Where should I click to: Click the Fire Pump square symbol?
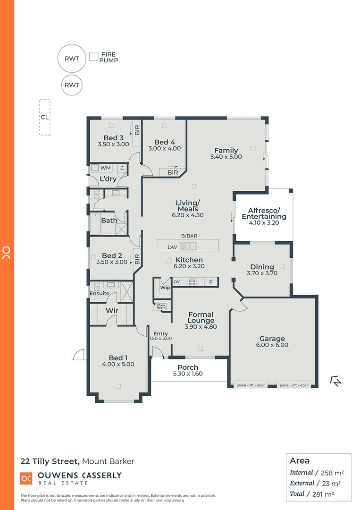(94, 57)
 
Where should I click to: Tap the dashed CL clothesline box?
(44, 118)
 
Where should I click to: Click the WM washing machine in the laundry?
(105, 168)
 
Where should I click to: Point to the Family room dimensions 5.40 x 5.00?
(226, 157)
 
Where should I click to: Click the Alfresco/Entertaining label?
(264, 213)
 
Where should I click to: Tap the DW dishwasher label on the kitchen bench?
(172, 246)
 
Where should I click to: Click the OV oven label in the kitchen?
(177, 282)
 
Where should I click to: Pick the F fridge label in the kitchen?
(211, 282)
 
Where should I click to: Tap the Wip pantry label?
(165, 287)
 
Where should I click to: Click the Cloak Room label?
(161, 306)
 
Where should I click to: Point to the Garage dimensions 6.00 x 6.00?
(272, 345)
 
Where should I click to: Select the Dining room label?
(262, 267)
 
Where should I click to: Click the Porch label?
(188, 367)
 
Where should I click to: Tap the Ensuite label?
(100, 293)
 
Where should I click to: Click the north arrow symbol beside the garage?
(335, 381)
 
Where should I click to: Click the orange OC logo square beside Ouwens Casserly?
(26, 478)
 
